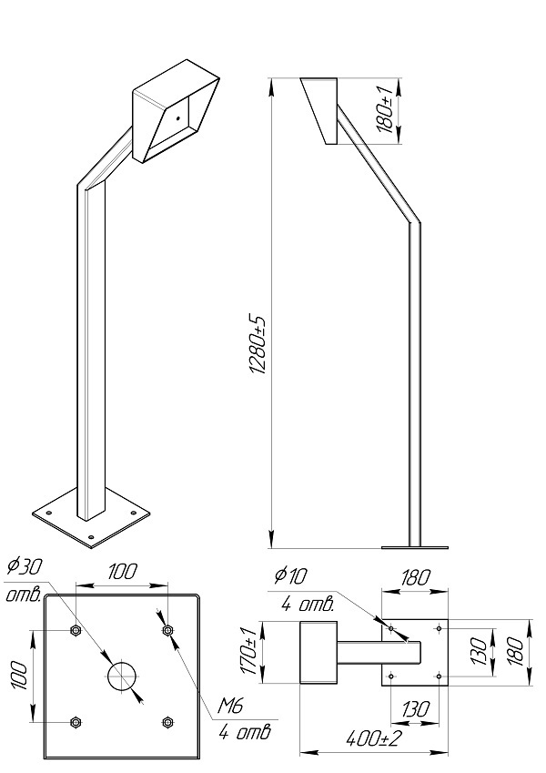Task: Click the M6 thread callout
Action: click(230, 706)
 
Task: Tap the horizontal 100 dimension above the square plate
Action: click(122, 572)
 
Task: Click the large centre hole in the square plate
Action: click(122, 676)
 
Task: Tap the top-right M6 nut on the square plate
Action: click(167, 630)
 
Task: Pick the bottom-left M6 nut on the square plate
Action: click(76, 722)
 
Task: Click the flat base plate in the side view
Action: click(415, 547)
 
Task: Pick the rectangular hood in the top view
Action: click(318, 652)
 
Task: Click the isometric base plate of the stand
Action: click(88, 520)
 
